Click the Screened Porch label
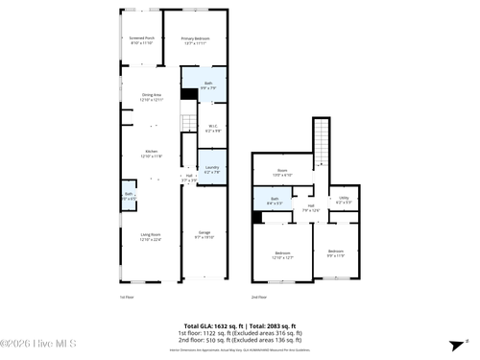(x=140, y=41)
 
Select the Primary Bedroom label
(x=195, y=41)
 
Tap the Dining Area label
(x=151, y=97)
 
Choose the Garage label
(x=204, y=235)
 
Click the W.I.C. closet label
(x=214, y=129)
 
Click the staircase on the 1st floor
(x=188, y=122)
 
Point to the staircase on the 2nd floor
(x=322, y=139)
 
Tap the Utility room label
(x=344, y=201)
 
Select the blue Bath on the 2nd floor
(x=274, y=202)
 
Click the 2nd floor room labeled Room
(x=282, y=173)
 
